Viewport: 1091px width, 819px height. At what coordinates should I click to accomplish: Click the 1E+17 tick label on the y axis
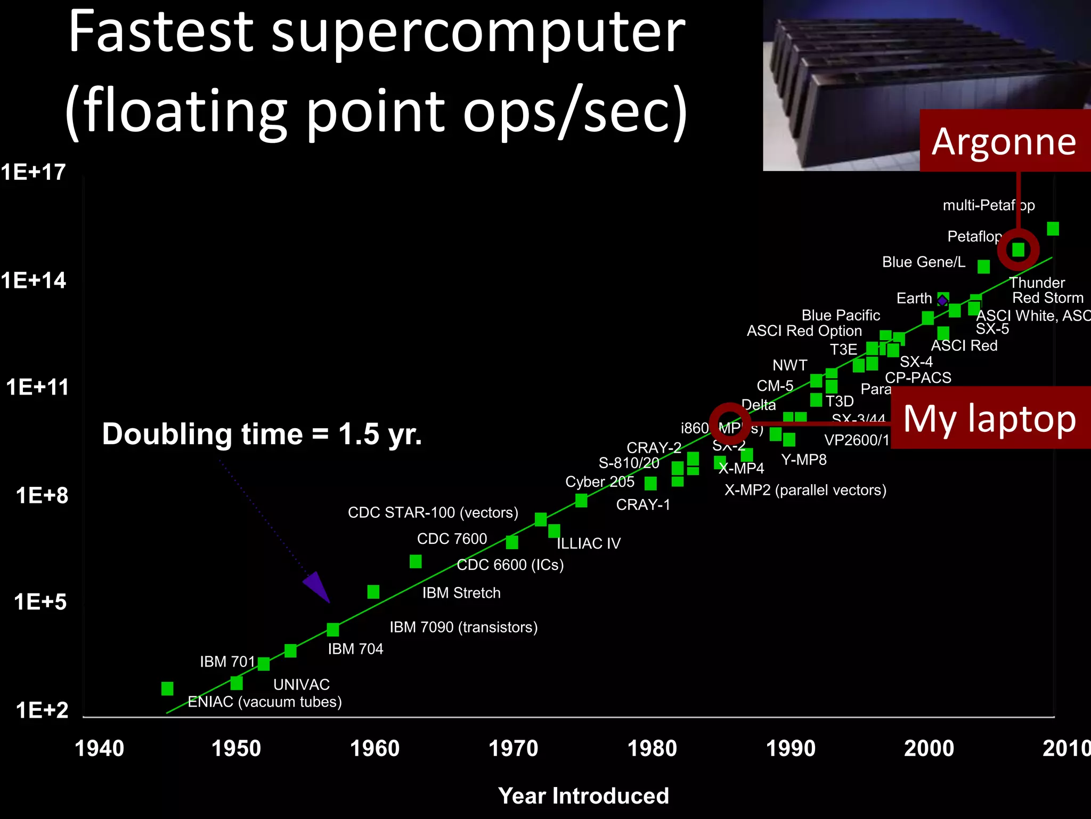tap(33, 172)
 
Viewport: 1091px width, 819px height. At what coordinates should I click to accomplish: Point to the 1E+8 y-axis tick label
tap(42, 495)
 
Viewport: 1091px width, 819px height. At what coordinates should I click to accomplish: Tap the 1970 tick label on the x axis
tap(514, 748)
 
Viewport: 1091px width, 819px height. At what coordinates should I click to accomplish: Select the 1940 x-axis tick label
tap(99, 748)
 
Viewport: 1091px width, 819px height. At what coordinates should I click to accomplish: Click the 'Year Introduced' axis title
tap(583, 796)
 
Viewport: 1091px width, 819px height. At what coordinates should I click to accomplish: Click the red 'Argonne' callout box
tap(1004, 141)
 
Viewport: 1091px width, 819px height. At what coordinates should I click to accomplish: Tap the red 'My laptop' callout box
tap(990, 418)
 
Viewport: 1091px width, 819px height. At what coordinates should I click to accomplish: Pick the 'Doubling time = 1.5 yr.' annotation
tap(262, 433)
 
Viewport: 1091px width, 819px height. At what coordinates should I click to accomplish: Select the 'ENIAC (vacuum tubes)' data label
tap(265, 702)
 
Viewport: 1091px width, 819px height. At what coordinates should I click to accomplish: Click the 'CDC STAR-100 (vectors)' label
tap(433, 512)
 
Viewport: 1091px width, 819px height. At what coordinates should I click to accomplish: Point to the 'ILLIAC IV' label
tap(589, 543)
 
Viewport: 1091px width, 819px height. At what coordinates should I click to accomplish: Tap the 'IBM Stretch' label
tap(461, 593)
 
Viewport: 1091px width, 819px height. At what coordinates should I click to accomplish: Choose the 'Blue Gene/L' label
tap(924, 262)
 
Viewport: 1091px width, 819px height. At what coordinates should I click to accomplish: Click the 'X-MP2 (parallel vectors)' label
tap(805, 490)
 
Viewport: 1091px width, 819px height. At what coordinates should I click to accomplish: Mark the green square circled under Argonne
tap(1018, 250)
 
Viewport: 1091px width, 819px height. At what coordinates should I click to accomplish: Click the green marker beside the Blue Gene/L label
tap(983, 267)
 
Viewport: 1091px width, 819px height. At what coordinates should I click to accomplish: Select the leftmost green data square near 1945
tap(167, 688)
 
